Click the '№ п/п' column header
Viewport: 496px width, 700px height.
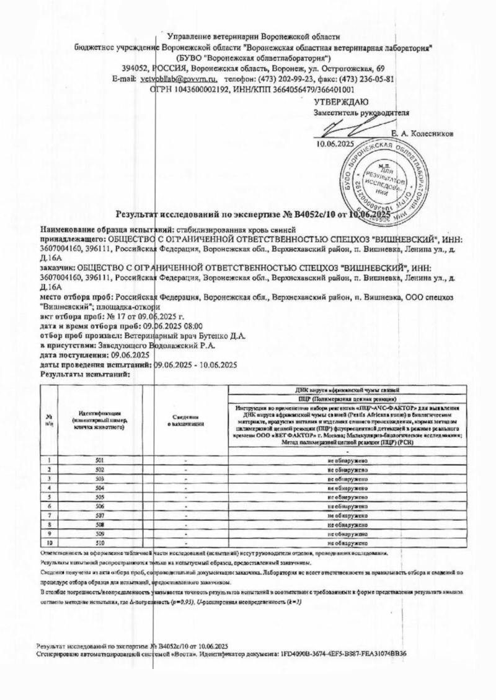point(48,421)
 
